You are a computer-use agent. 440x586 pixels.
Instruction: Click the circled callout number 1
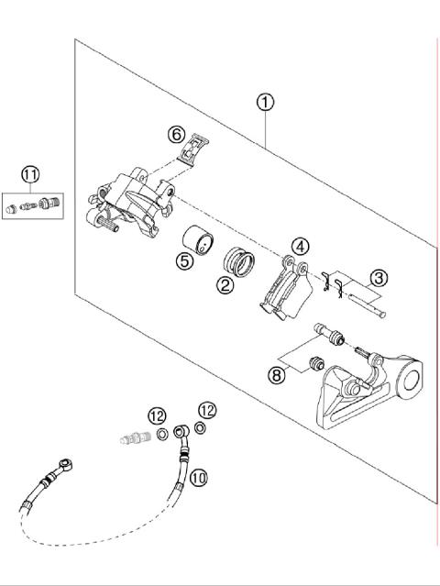[x=265, y=102]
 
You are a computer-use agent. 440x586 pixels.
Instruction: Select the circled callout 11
[x=31, y=173]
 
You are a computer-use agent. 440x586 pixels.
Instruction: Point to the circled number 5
[x=185, y=260]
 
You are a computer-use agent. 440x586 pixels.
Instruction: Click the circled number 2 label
[x=224, y=284]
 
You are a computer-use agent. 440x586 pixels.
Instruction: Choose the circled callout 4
[x=300, y=246]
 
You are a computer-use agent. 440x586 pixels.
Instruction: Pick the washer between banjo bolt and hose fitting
[x=161, y=433]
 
